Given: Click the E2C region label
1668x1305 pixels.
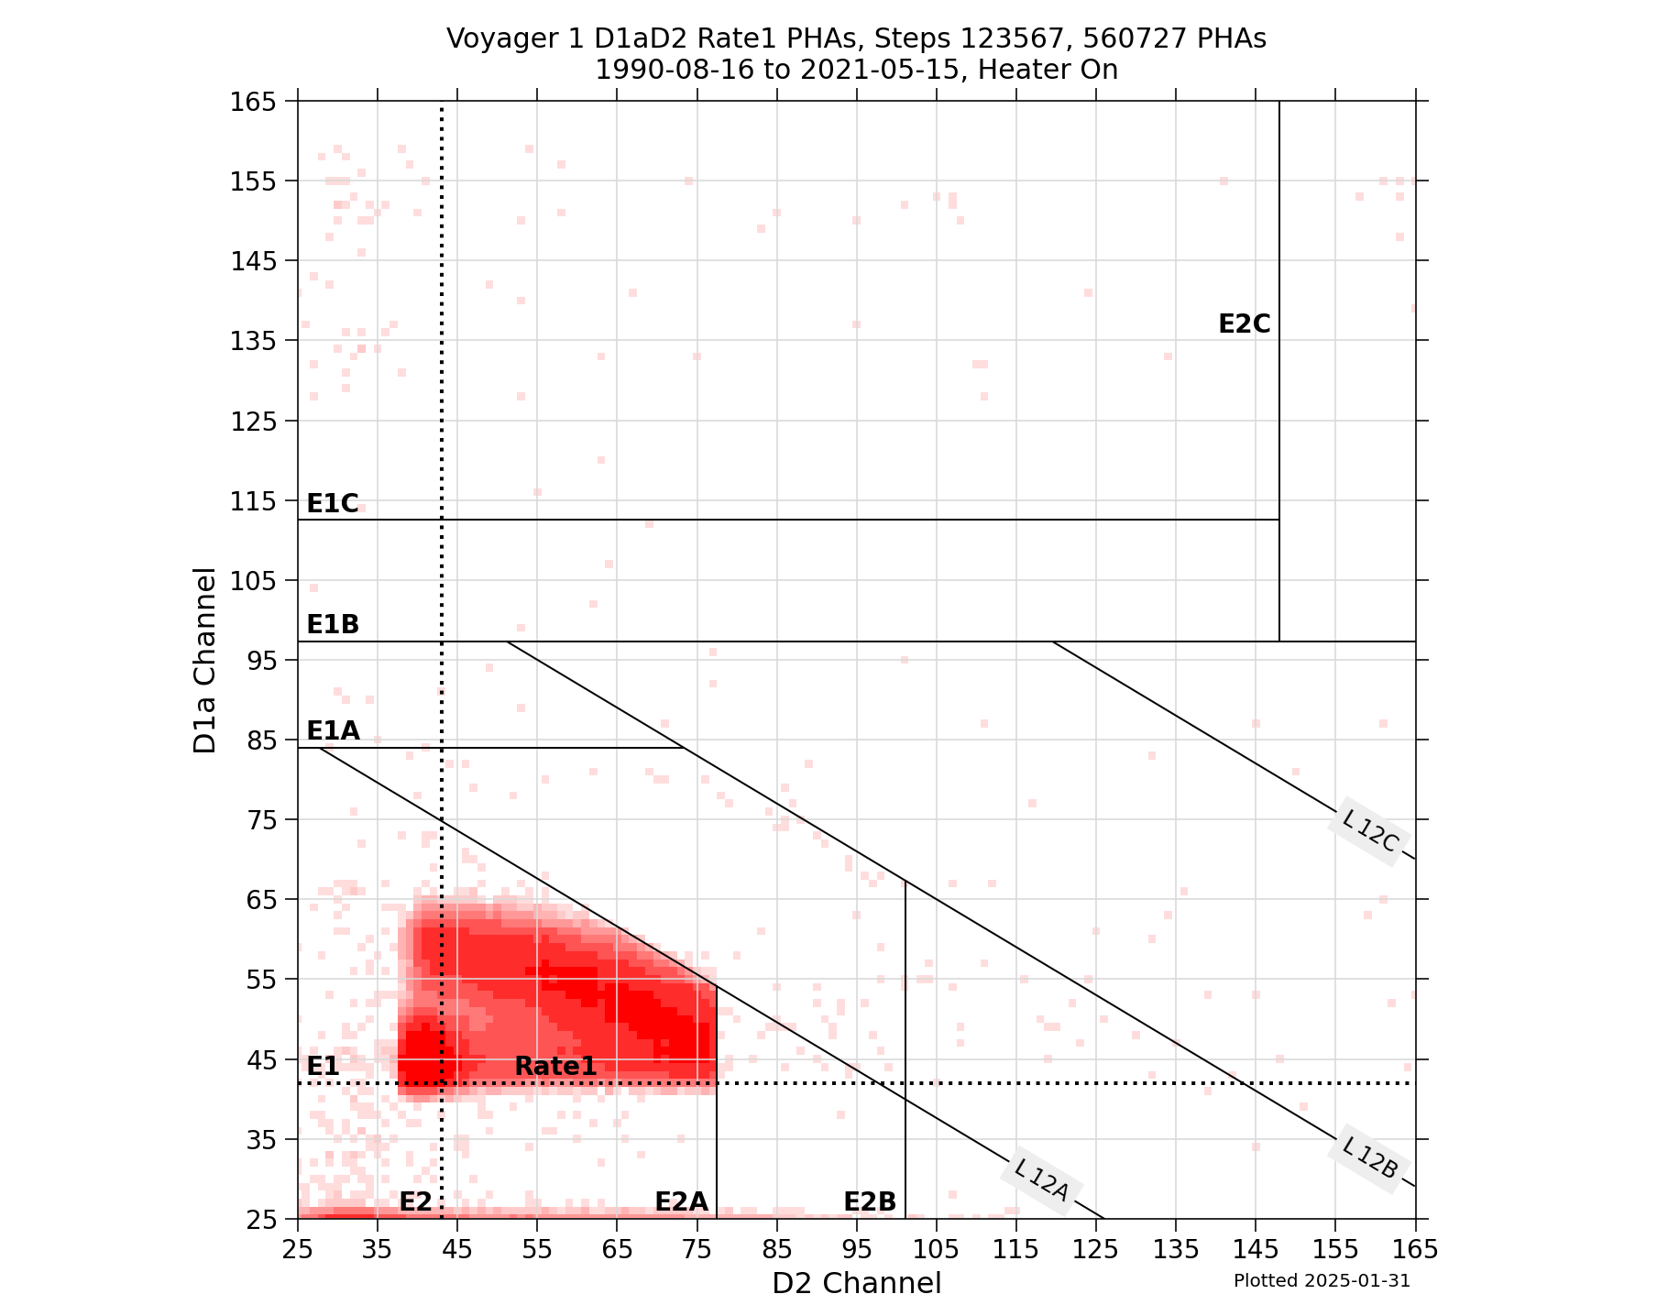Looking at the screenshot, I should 1244,324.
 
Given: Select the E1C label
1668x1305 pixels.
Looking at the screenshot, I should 332,503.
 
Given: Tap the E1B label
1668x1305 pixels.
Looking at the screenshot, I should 332,624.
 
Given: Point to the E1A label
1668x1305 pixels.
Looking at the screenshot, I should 332,730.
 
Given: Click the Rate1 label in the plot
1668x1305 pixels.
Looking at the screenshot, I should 555,1066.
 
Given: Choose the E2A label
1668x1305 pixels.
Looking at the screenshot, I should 681,1201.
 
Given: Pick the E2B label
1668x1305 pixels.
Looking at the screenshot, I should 869,1201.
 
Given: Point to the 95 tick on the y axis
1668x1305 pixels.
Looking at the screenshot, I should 265,660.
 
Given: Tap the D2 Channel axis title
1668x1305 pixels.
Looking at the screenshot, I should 856,1282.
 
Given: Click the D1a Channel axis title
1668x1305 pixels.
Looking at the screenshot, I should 205,660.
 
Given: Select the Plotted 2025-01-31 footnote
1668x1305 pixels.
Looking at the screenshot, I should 1321,1280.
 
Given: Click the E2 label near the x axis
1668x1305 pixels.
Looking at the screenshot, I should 415,1201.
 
